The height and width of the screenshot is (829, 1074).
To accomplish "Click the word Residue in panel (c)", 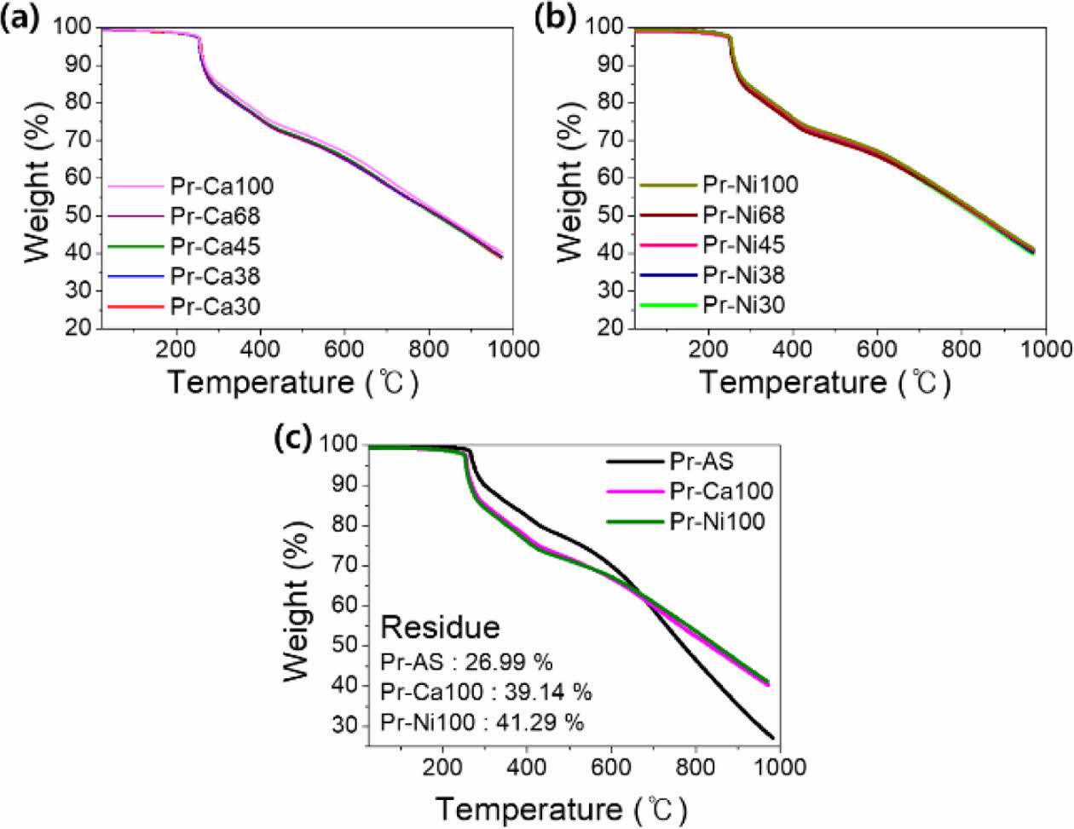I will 440,627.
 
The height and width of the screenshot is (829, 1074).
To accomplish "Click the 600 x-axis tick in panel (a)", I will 344,349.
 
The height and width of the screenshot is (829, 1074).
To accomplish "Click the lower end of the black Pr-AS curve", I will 772,738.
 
